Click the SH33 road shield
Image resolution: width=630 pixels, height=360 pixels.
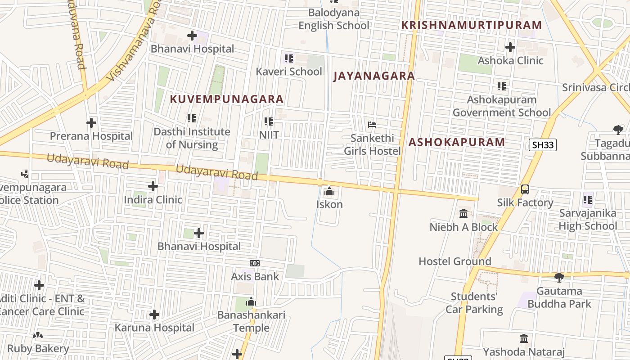point(543,144)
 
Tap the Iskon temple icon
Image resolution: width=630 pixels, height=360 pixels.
point(329,192)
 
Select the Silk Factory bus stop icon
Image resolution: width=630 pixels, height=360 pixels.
point(525,189)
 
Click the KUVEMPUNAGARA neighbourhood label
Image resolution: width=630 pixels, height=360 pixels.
point(227,99)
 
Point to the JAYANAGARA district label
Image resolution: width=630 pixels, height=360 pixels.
point(373,76)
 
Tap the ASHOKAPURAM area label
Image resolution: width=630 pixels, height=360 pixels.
point(457,142)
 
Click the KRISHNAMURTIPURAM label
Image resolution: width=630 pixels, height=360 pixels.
point(471,25)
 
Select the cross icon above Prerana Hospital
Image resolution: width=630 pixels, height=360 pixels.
point(91,122)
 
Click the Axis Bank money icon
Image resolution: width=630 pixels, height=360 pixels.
point(255,263)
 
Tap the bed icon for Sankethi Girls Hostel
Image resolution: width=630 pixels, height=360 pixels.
point(372,125)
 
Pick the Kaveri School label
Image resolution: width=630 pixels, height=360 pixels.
point(289,72)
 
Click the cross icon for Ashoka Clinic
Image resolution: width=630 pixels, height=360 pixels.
point(510,47)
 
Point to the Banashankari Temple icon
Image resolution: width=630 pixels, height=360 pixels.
point(251,302)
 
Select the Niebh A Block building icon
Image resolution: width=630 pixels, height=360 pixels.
point(463,213)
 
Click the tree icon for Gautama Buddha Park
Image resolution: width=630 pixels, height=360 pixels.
point(559,277)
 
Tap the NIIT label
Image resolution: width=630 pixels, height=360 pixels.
point(269,135)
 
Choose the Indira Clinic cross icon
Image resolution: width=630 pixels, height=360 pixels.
point(153,186)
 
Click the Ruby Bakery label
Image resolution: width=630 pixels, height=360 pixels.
point(38,348)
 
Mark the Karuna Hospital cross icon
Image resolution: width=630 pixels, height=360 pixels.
point(154,314)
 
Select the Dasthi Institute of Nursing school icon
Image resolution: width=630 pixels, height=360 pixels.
point(192,118)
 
